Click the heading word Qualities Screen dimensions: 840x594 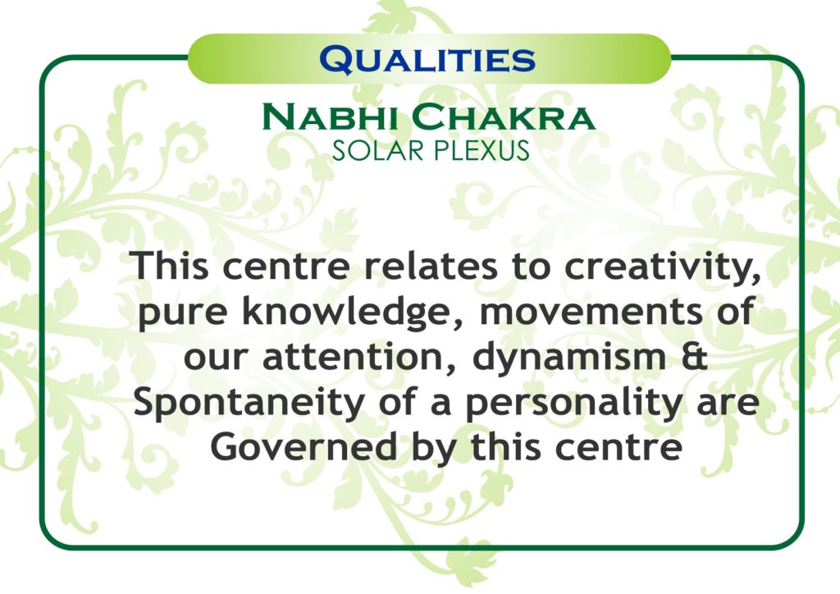tap(427, 59)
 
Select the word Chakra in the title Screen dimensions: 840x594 tap(504, 117)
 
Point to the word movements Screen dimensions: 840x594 tap(591, 313)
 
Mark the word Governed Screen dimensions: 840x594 tap(304, 447)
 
